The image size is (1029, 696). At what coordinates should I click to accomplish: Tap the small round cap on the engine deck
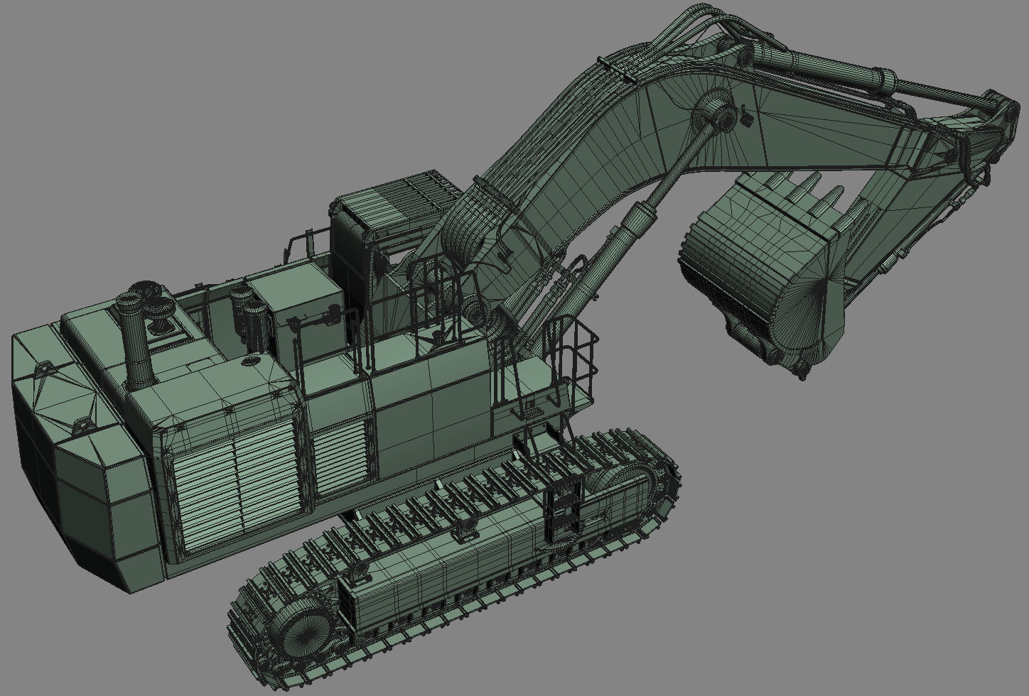pyautogui.click(x=251, y=362)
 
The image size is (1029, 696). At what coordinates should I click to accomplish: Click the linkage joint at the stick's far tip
pyautogui.click(x=1002, y=114)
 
